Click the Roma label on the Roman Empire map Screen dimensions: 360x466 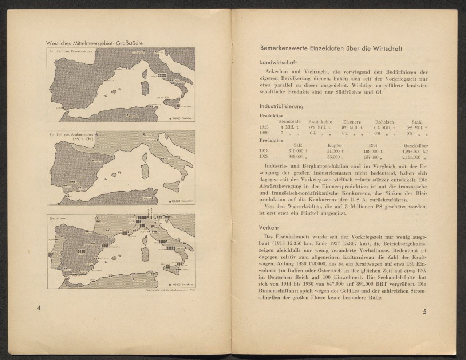pos(155,77)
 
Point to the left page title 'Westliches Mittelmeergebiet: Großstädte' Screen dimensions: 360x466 pos(94,43)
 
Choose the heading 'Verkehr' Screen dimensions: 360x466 pos(269,228)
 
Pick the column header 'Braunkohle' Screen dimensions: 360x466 pos(320,122)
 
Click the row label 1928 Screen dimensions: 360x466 pos(264,157)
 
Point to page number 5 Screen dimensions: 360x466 pos(424,312)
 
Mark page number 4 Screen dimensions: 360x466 pos(39,308)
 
